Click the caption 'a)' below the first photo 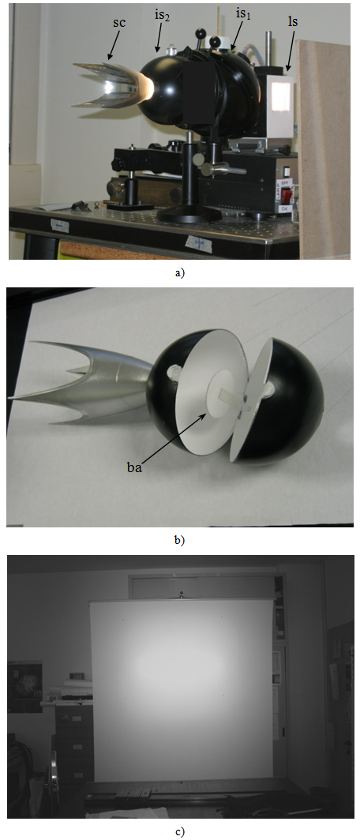pyautogui.click(x=178, y=273)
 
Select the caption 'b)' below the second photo pyautogui.click(x=179, y=541)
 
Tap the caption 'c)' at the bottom pyautogui.click(x=179, y=831)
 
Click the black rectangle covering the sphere pyautogui.click(x=199, y=97)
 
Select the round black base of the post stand pyautogui.click(x=189, y=215)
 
